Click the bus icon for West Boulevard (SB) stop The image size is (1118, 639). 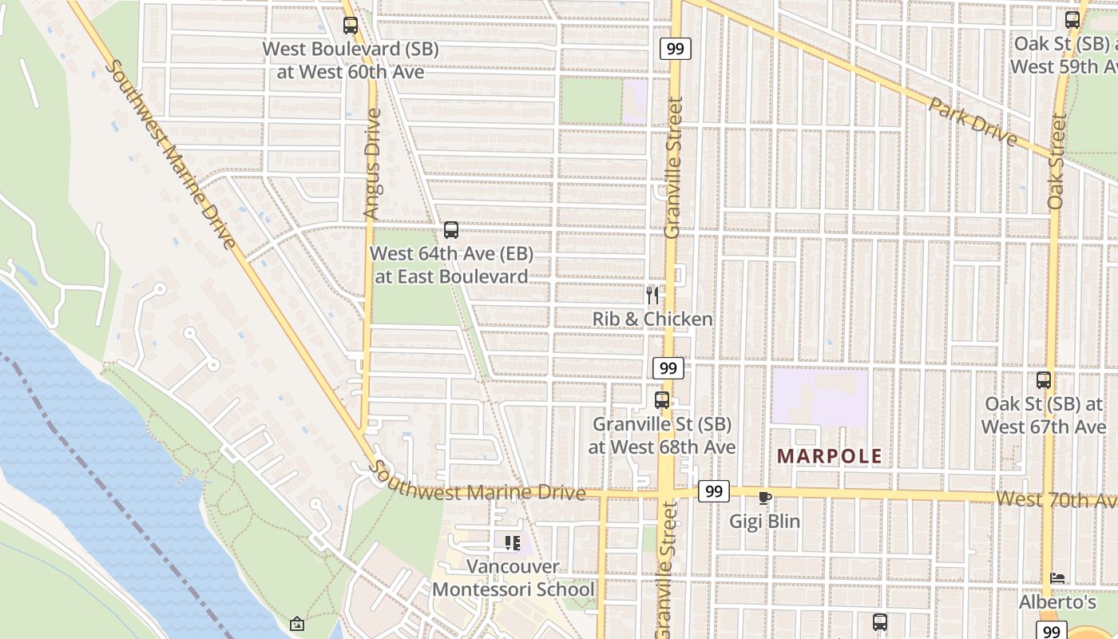click(350, 26)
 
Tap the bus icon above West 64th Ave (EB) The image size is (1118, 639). click(451, 231)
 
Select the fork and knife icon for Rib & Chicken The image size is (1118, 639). click(652, 296)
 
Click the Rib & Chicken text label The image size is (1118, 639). click(652, 319)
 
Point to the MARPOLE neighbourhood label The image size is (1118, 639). click(830, 457)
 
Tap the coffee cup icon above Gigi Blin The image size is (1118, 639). click(764, 498)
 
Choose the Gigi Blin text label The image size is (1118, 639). click(764, 522)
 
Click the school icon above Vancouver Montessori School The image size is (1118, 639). click(513, 544)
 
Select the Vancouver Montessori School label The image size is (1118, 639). click(513, 578)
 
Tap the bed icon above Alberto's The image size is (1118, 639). click(1057, 577)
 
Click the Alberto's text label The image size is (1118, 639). click(1057, 601)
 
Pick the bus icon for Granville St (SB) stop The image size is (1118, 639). click(662, 400)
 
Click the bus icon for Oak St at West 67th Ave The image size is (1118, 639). click(1044, 380)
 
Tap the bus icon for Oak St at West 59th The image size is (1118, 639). click(1072, 20)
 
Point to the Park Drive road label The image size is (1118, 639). click(973, 121)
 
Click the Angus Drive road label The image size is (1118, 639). click(373, 164)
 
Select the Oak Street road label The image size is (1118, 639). click(1057, 162)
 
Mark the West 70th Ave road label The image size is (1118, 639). click(1054, 500)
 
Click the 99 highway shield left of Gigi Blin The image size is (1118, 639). click(713, 491)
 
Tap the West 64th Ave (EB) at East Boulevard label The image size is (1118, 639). click(451, 265)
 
